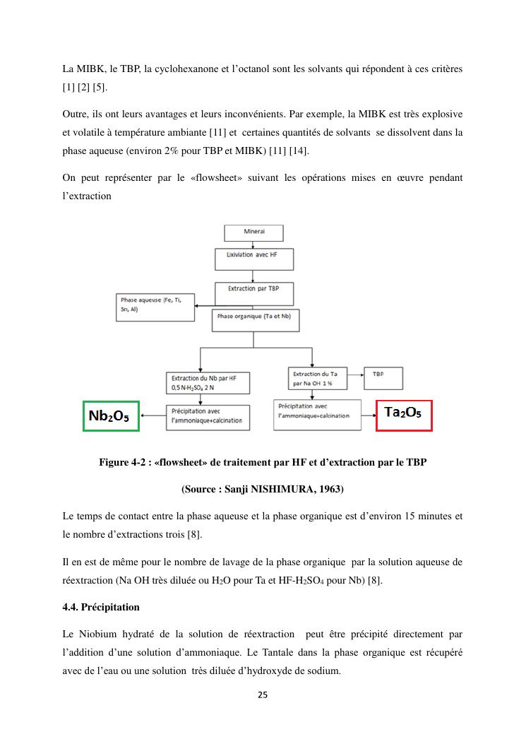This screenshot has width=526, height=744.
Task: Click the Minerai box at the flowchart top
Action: tap(253, 232)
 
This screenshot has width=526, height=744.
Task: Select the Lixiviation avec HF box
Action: tap(253, 259)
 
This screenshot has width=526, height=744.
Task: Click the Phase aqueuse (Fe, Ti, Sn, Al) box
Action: tap(155, 308)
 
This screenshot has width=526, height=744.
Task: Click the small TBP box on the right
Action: tap(382, 374)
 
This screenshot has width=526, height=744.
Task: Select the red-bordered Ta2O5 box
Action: tap(402, 415)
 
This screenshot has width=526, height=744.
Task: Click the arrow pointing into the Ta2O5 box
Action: tap(366, 415)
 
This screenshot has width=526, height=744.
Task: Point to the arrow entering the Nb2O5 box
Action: tap(153, 417)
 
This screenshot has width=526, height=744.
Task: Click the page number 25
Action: tap(263, 695)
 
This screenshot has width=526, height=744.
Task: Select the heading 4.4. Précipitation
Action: tap(101, 607)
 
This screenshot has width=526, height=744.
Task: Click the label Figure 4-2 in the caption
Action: tap(125, 463)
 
